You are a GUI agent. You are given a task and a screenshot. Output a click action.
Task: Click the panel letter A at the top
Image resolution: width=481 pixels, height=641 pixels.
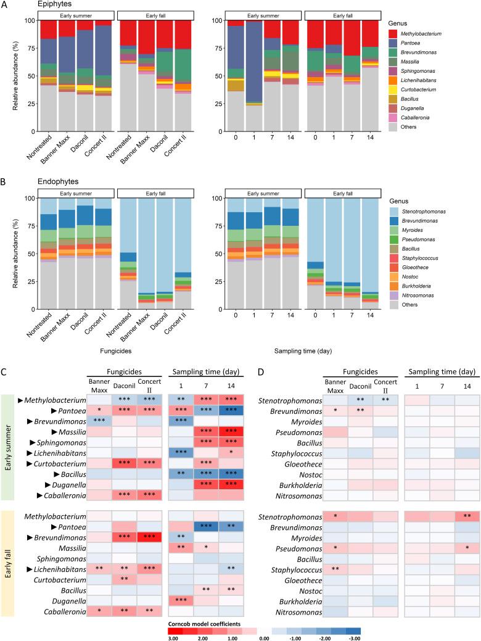[x=6, y=4]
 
